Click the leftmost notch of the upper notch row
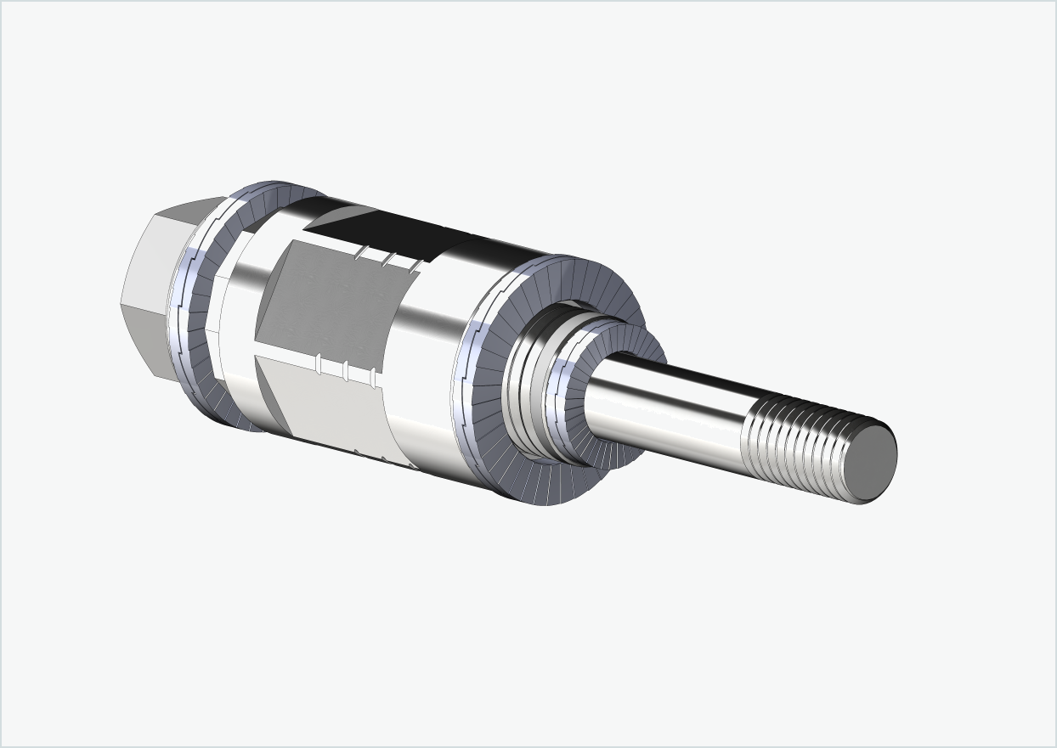point(361,253)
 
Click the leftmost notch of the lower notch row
point(318,364)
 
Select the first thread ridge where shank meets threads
point(749,433)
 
